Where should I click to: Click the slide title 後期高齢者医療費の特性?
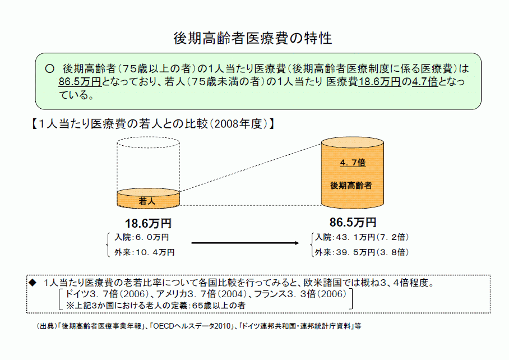click(x=253, y=38)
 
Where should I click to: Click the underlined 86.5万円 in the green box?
click(x=80, y=81)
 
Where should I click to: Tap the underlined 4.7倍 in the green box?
click(x=425, y=81)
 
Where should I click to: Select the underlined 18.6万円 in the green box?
click(x=380, y=81)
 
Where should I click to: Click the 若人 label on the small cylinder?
click(x=147, y=201)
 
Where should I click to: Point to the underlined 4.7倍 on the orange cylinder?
click(x=353, y=162)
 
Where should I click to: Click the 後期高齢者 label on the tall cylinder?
click(x=351, y=186)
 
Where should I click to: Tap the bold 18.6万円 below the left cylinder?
click(x=148, y=223)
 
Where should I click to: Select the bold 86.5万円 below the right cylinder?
click(x=353, y=223)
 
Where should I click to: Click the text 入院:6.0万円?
click(x=141, y=237)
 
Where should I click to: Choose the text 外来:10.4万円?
click(x=145, y=252)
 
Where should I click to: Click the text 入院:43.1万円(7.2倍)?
click(x=362, y=237)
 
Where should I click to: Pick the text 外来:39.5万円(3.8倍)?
click(x=362, y=252)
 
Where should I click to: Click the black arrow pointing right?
click(x=245, y=243)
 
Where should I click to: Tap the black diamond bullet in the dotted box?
click(x=33, y=283)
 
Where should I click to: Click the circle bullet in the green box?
click(x=49, y=69)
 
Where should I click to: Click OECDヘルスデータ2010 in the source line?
click(x=192, y=326)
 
